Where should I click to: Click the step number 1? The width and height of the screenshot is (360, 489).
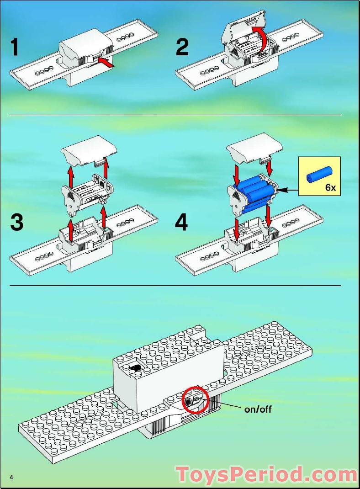[15, 48]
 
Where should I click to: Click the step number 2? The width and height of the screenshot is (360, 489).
[182, 48]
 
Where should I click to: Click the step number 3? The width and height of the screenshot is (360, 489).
[16, 223]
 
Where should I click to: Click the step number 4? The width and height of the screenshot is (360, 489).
[181, 223]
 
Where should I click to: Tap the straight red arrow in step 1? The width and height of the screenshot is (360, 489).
[105, 62]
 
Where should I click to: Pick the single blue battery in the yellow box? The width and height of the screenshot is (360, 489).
[319, 175]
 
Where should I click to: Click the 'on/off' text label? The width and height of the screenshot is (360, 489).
[258, 409]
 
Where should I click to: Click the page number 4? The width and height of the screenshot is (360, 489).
[11, 478]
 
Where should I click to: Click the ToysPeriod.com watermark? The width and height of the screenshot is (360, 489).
[266, 474]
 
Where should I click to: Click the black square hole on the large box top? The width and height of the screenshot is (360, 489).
[135, 367]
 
